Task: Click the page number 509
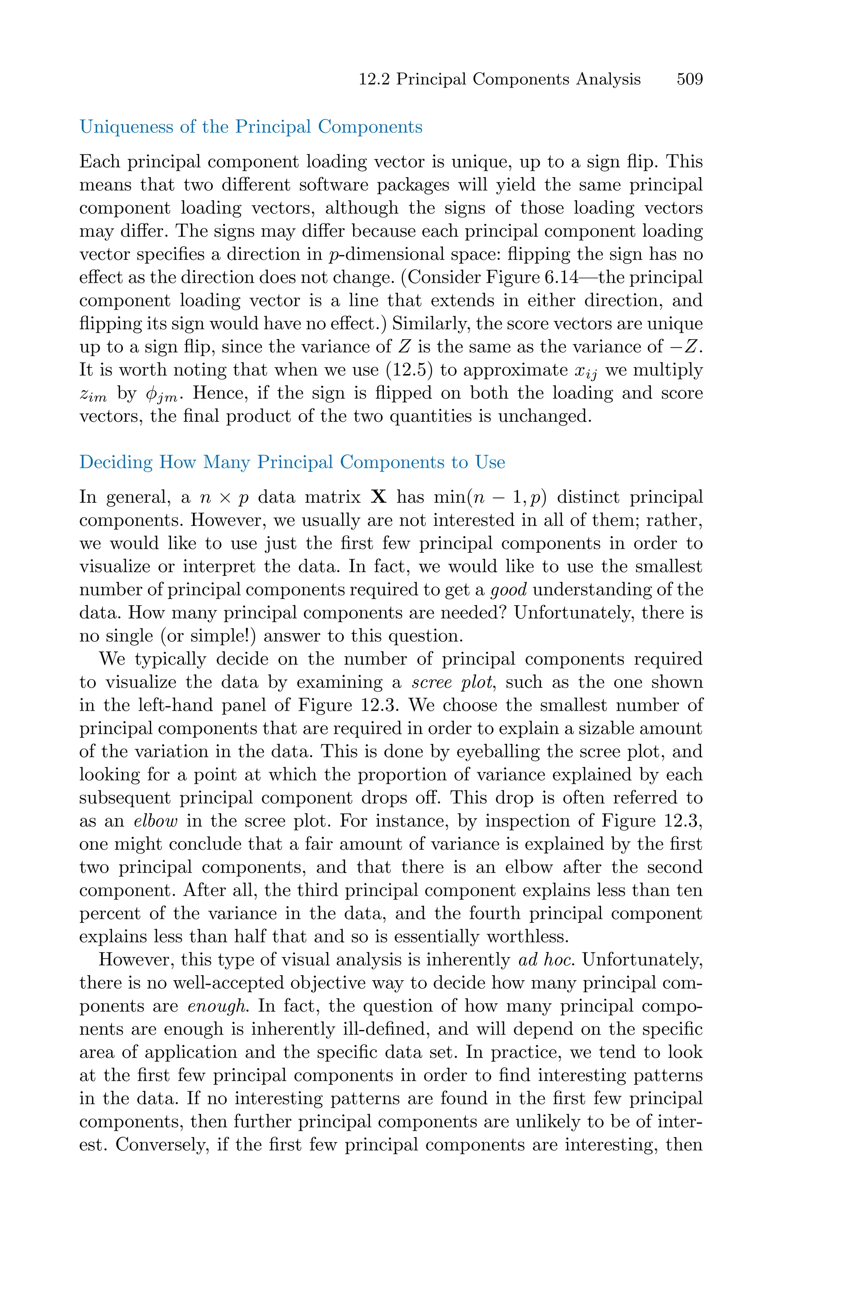coord(689,79)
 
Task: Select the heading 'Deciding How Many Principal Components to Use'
coord(292,462)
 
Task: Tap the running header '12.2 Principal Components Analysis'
coord(499,79)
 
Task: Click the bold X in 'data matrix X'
coord(379,497)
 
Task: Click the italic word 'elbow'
coord(156,821)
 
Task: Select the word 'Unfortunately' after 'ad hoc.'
coord(642,960)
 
